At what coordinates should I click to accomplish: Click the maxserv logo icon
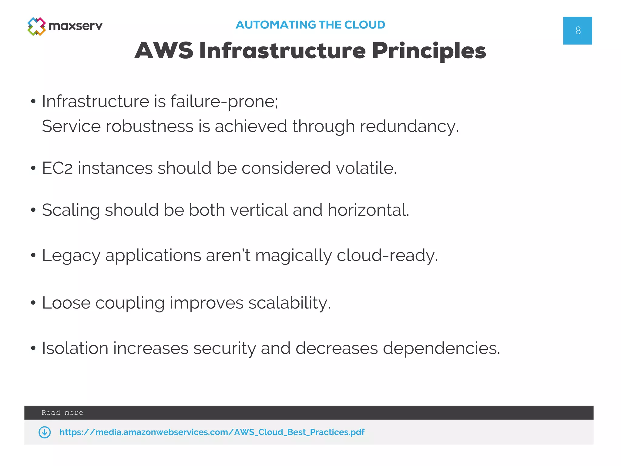click(36, 26)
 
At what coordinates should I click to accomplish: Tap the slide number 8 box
click(577, 31)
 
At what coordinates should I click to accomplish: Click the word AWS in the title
click(164, 50)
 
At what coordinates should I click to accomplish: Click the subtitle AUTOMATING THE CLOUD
click(310, 25)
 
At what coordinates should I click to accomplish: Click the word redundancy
click(409, 127)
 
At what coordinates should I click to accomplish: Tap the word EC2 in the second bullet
click(57, 168)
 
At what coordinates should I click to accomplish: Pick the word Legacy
click(71, 255)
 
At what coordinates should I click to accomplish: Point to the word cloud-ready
click(387, 255)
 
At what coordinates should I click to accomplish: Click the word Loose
click(66, 303)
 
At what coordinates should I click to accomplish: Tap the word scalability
click(289, 303)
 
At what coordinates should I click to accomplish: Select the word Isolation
click(75, 348)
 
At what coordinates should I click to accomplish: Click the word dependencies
click(441, 349)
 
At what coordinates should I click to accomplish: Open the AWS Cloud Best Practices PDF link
click(212, 432)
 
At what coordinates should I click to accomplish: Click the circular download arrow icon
click(45, 432)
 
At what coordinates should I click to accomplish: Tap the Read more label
click(62, 413)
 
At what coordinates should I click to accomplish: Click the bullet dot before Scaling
click(33, 210)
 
